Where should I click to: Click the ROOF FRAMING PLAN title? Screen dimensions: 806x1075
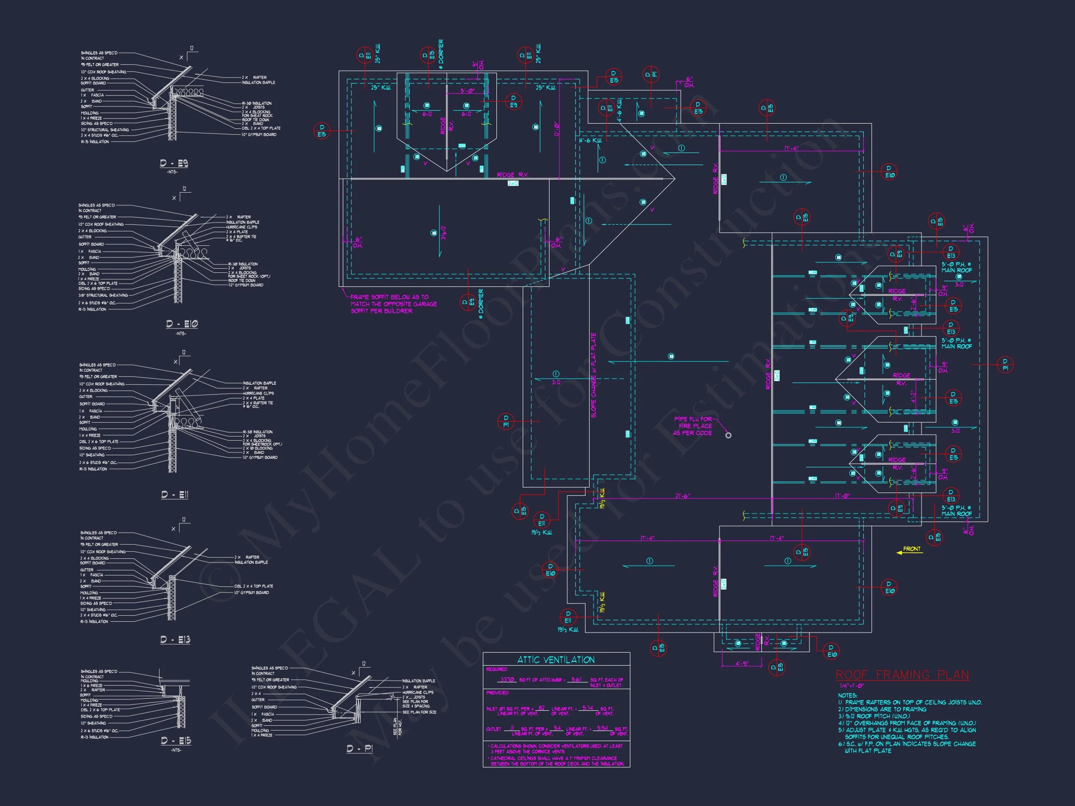(x=902, y=675)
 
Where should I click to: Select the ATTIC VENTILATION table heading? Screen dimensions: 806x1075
(x=556, y=660)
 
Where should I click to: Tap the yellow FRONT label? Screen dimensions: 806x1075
(x=912, y=549)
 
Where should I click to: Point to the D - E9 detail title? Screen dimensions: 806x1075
(x=174, y=163)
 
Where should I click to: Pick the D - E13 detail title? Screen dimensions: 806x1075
(x=175, y=640)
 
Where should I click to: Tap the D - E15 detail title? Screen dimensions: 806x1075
(x=176, y=741)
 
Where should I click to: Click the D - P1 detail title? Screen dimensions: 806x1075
(x=360, y=749)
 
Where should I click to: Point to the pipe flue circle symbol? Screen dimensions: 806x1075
(x=728, y=435)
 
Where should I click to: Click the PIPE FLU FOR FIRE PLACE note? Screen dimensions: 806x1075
(x=692, y=426)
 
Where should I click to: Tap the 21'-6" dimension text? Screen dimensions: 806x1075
(x=682, y=496)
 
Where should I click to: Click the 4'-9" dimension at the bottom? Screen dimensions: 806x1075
(x=741, y=663)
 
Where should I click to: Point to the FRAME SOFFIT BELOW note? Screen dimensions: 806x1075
(x=394, y=304)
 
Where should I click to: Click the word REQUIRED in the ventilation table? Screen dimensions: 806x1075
(x=497, y=669)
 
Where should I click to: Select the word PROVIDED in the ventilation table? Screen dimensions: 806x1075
(x=497, y=693)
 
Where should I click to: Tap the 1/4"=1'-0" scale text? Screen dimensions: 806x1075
(x=852, y=686)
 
